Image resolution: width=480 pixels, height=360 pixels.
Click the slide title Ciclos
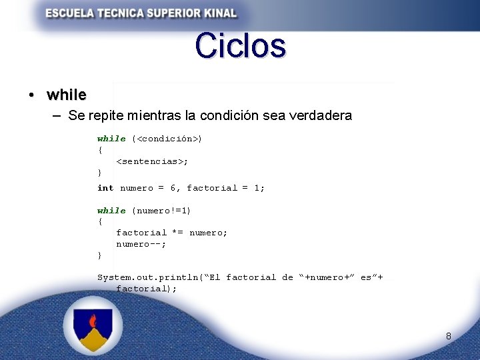coord(241,46)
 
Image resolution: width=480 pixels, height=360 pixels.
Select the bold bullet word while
coord(67,95)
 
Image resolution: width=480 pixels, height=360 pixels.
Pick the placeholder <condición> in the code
coord(167,139)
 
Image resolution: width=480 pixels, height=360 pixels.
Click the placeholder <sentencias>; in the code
coord(152,161)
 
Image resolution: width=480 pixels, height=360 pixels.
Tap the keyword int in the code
coord(105,188)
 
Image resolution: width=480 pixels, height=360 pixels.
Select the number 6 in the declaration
coord(173,188)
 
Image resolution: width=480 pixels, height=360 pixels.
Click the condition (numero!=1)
coord(161,211)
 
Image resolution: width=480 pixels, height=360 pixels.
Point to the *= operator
coord(178,233)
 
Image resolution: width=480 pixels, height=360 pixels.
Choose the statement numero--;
coord(141,244)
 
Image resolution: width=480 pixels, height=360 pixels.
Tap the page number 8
coord(449,336)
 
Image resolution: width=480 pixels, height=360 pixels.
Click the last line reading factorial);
coord(147,289)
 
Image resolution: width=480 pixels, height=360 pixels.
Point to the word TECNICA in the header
coord(115,13)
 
